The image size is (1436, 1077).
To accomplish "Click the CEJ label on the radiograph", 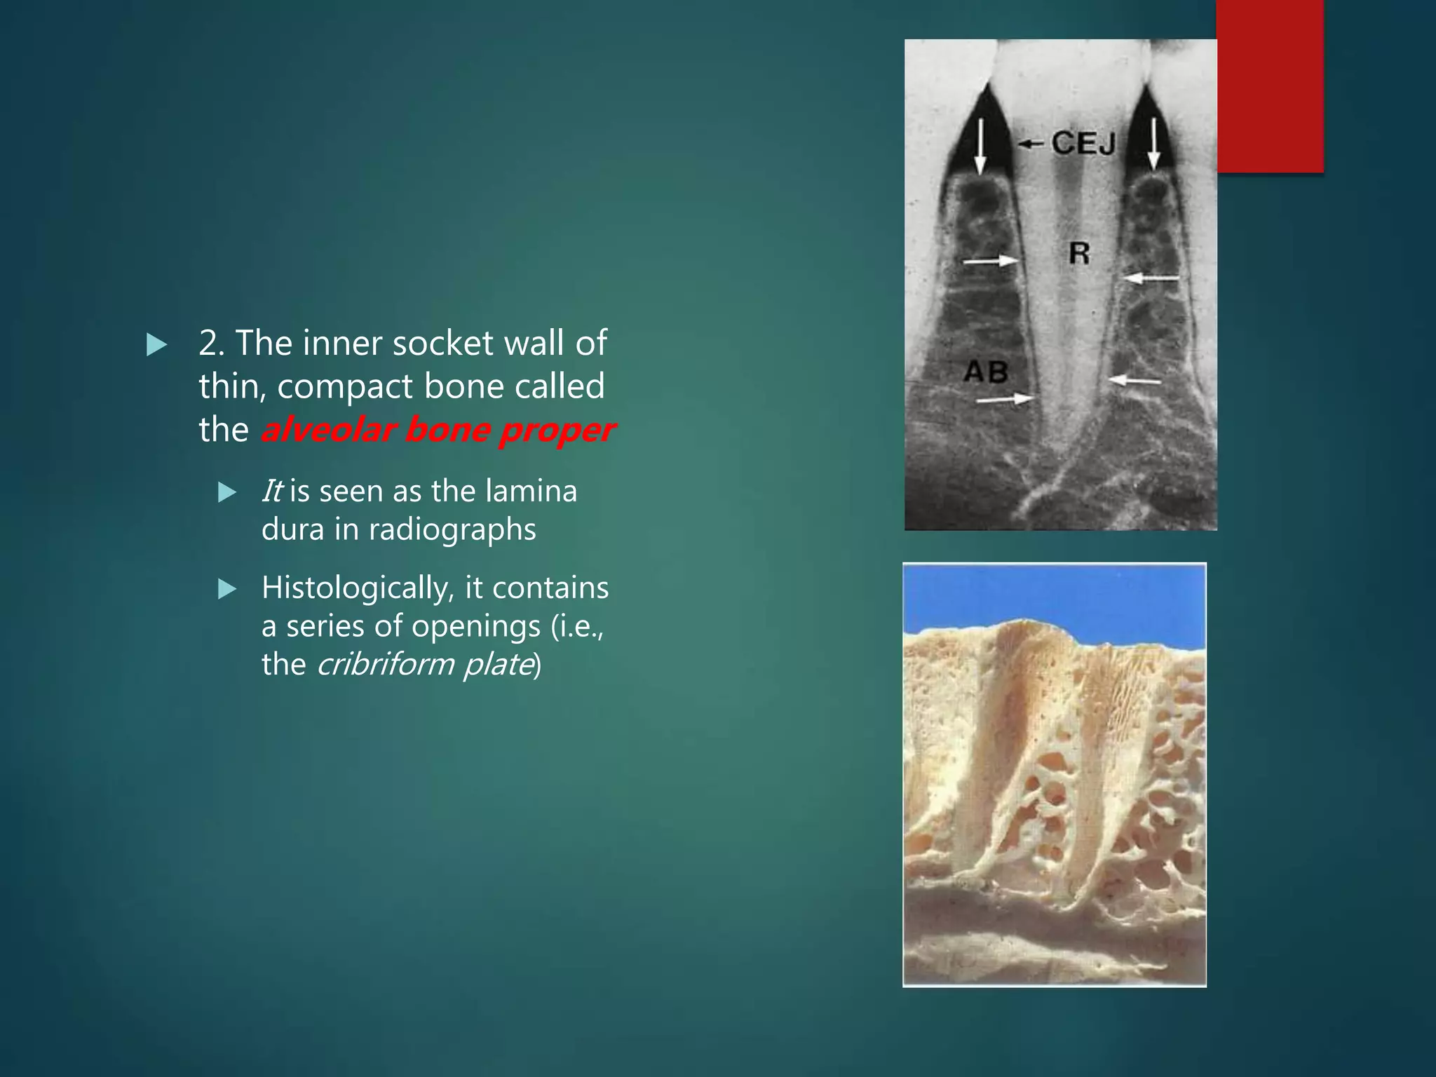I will point(1083,144).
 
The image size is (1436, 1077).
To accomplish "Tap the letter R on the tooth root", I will point(1079,252).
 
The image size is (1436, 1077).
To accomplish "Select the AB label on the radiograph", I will point(986,372).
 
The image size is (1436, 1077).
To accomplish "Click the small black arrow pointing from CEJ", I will point(1031,144).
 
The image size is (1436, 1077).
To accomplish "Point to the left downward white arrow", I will point(980,147).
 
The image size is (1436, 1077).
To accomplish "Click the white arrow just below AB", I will point(1005,400).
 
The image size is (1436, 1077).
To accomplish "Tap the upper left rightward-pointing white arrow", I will point(991,261).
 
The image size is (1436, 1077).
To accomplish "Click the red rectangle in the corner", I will point(1270,86).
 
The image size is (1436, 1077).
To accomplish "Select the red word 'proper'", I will point(557,429).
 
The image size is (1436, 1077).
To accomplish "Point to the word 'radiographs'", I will point(452,529).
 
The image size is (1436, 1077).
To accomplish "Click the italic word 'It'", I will point(271,491).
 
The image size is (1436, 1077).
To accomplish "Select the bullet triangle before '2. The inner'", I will point(156,344).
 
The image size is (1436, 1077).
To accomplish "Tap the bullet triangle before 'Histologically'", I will point(227,589).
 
